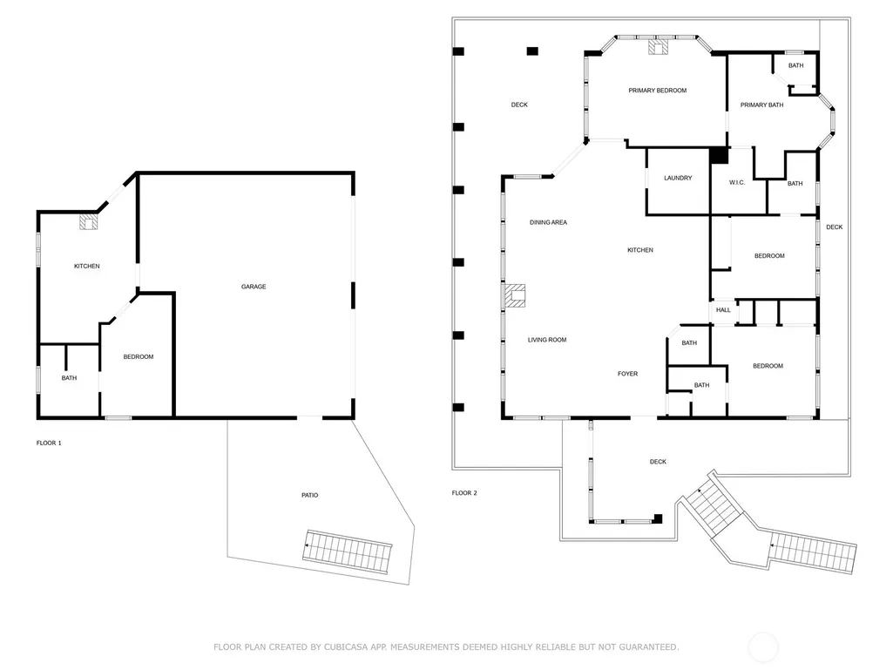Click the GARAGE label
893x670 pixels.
tap(254, 287)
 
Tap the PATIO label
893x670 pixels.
tap(310, 495)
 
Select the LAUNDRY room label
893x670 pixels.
tap(678, 178)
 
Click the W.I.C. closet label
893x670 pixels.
tap(737, 182)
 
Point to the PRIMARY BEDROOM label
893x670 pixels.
tap(657, 90)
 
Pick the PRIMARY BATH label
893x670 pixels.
tap(761, 105)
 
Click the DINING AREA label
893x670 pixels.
tap(548, 222)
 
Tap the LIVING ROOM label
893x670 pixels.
tap(547, 340)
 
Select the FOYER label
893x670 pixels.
tap(627, 374)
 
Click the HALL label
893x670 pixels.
tap(723, 310)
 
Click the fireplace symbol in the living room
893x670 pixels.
tap(514, 295)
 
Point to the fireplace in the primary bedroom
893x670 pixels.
tap(659, 47)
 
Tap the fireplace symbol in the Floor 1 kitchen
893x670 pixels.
tap(88, 221)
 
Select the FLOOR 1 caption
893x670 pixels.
tap(49, 443)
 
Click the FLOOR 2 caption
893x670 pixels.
tap(464, 493)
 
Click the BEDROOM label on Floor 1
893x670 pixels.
tap(139, 356)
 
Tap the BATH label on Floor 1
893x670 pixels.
tap(69, 378)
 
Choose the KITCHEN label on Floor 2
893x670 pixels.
tap(640, 249)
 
